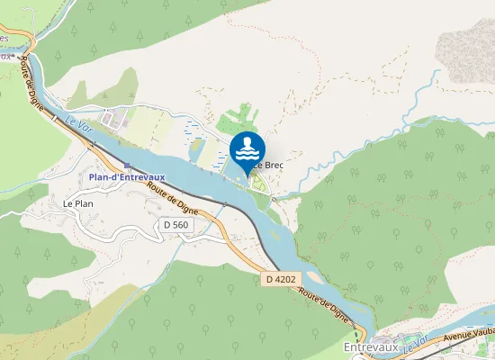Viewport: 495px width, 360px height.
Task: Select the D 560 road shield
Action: [x=175, y=223]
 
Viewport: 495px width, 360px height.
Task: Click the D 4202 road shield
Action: [x=281, y=280]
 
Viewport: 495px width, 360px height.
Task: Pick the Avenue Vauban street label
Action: [x=469, y=337]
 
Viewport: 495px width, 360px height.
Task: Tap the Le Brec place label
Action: [x=271, y=165]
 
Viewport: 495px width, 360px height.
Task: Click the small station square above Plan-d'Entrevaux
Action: [x=128, y=166]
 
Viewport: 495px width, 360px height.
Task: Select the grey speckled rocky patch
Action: [x=466, y=54]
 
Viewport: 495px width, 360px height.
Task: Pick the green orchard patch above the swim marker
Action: [x=238, y=118]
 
